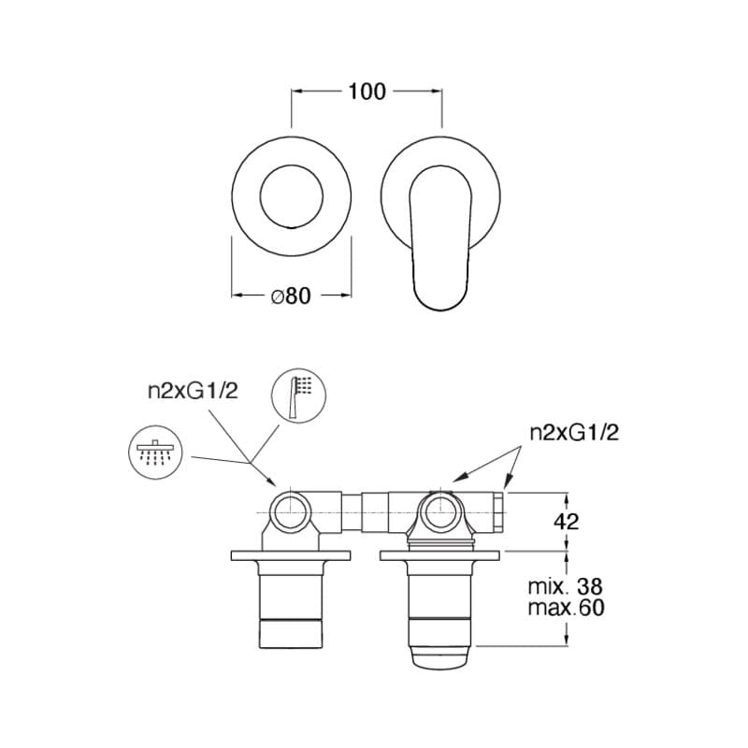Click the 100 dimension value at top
[x=367, y=92]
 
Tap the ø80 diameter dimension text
[x=291, y=295]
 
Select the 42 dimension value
[x=567, y=522]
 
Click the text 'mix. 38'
[x=566, y=586]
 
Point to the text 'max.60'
[x=566, y=607]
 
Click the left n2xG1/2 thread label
[x=193, y=391]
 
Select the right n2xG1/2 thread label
[x=574, y=433]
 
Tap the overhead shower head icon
[x=156, y=453]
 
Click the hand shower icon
[x=298, y=396]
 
